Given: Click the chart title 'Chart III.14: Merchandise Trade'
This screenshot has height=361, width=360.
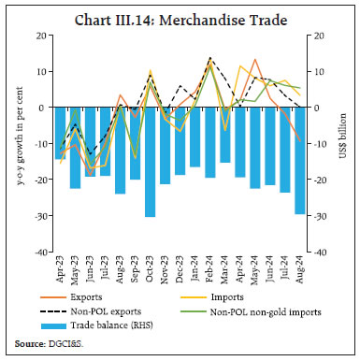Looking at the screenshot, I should point(180,16).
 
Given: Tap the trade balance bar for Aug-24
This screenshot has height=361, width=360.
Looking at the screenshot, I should point(299,160).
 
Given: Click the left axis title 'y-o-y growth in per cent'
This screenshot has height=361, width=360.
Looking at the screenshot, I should point(21,143).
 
